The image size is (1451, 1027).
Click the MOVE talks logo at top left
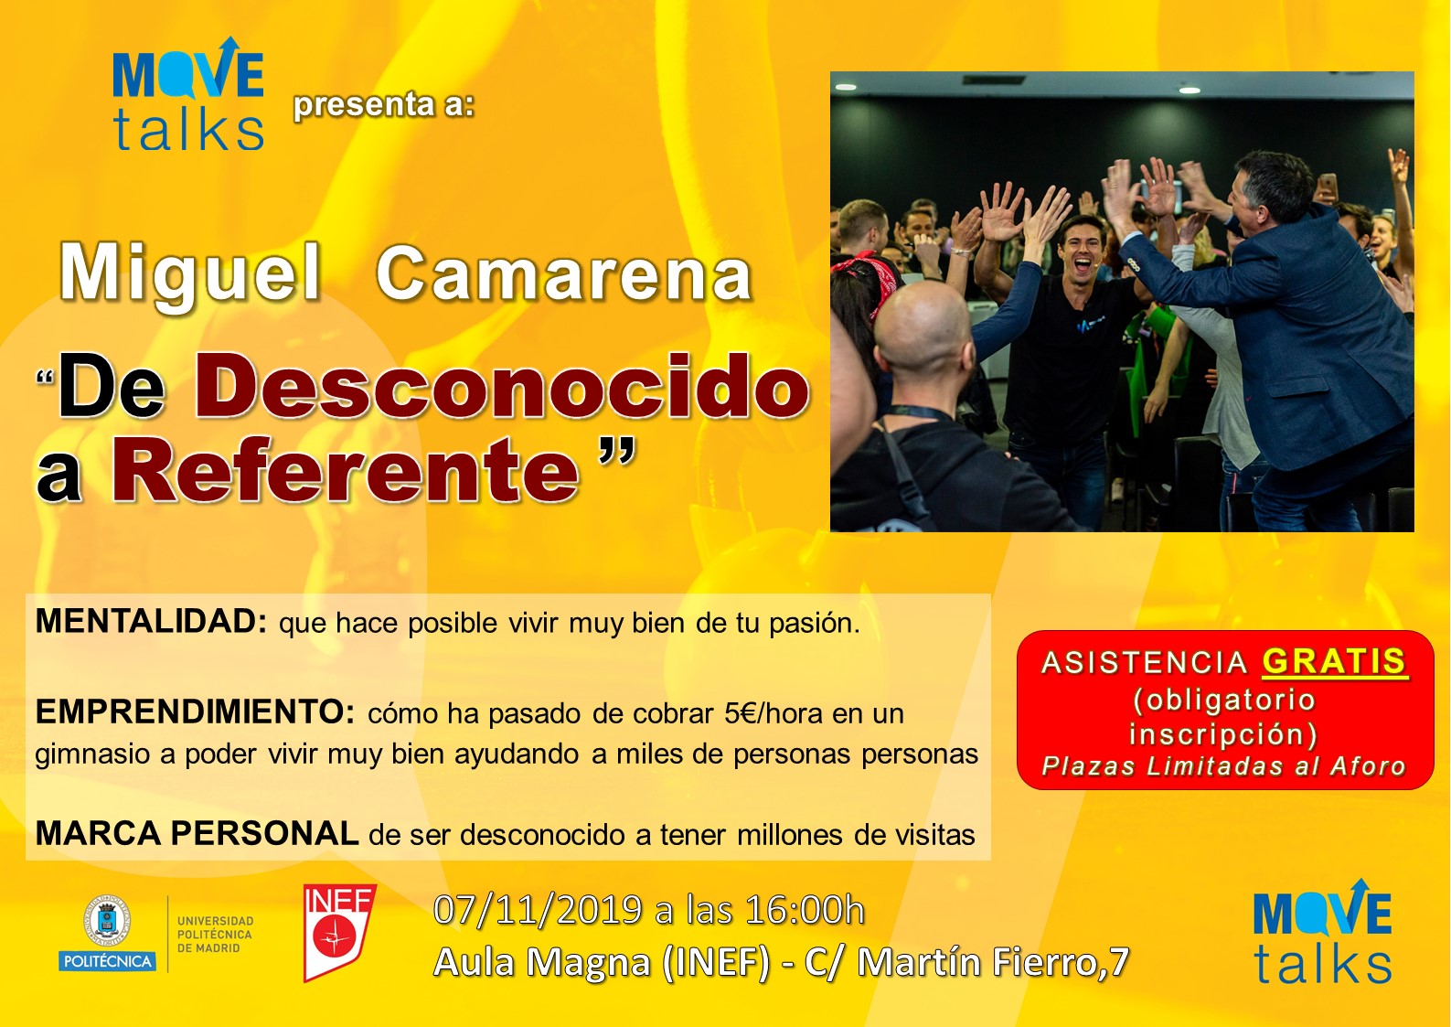(x=187, y=93)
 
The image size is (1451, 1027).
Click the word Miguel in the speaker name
(x=191, y=274)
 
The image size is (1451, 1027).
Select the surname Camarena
(x=563, y=274)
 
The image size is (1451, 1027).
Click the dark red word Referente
(x=346, y=469)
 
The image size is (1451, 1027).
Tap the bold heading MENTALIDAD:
(x=151, y=621)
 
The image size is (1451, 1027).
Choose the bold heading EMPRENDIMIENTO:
(x=195, y=712)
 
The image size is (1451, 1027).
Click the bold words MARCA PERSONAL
(x=197, y=833)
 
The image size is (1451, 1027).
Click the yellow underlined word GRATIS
(x=1335, y=662)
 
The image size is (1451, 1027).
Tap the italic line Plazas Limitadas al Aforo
(x=1223, y=766)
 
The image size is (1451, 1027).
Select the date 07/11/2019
(x=539, y=910)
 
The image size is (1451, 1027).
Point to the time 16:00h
(x=806, y=910)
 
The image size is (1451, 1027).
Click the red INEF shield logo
(x=339, y=933)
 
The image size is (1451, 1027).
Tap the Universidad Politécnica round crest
(x=106, y=921)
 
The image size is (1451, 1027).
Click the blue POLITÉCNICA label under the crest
(x=108, y=961)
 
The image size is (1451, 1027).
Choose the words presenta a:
(x=384, y=104)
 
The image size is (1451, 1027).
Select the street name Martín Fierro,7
(x=993, y=962)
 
